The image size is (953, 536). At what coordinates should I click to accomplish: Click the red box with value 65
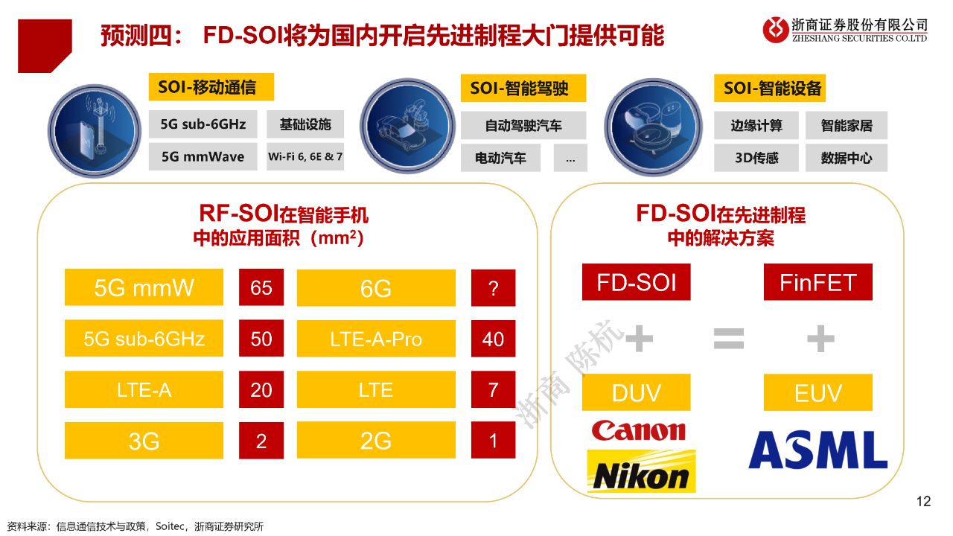[x=261, y=287]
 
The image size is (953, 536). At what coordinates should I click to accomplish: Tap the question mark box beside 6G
[x=493, y=288]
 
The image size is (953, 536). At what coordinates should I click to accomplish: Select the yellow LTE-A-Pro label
[x=376, y=339]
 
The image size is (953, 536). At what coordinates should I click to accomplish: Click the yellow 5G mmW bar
[x=144, y=287]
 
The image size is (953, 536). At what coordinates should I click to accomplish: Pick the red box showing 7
[x=493, y=389]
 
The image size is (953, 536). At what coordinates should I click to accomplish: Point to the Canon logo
[x=639, y=430]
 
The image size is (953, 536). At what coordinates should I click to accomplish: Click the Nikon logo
[x=641, y=471]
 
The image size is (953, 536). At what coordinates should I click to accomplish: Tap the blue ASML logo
[x=817, y=450]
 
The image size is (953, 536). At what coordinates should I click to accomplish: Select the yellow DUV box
[x=636, y=392]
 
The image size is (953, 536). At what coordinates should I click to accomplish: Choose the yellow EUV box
[x=817, y=392]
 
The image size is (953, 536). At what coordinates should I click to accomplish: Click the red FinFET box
[x=817, y=282]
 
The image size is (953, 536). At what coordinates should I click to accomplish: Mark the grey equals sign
[x=729, y=339]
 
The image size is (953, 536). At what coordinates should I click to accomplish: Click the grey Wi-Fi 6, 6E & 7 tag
[x=305, y=156]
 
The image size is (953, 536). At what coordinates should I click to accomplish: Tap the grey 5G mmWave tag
[x=203, y=156]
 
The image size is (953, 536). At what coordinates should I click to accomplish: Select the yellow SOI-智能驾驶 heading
[x=523, y=88]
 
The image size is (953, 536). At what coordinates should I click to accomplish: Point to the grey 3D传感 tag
[x=756, y=158]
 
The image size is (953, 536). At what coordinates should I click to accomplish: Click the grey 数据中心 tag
[x=847, y=158]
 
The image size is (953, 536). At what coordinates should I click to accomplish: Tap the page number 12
[x=924, y=501]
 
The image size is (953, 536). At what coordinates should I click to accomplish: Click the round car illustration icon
[x=407, y=126]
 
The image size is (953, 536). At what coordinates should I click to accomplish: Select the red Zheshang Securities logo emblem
[x=776, y=30]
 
